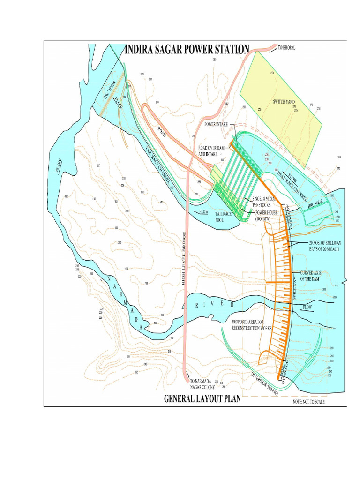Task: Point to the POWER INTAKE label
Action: pos(216,124)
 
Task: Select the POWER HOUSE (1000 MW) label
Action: pos(267,215)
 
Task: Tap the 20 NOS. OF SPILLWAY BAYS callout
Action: pos(316,246)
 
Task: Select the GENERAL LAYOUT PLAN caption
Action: pos(202,399)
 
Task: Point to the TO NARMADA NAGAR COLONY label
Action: pos(204,383)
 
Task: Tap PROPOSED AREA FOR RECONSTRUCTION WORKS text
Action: pos(252,325)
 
